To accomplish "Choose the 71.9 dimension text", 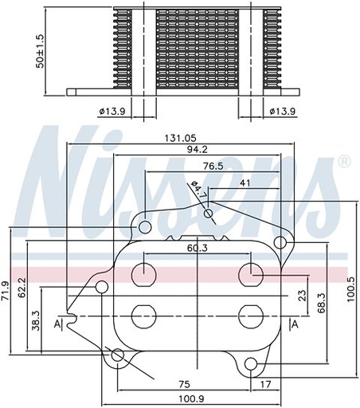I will (6, 292).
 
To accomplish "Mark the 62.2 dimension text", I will (22, 288).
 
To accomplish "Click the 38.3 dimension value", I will (37, 320).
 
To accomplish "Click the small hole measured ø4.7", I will (209, 213).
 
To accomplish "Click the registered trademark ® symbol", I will (344, 163).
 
